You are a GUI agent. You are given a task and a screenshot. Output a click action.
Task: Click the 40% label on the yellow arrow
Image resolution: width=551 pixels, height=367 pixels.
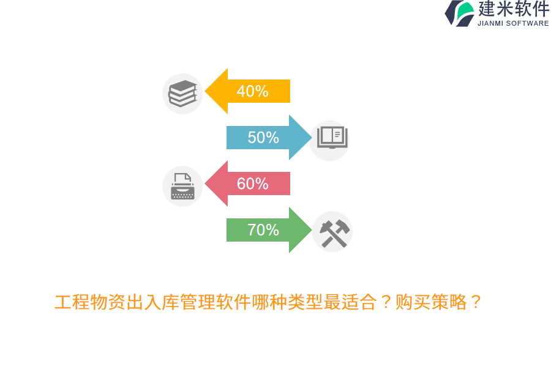click(252, 91)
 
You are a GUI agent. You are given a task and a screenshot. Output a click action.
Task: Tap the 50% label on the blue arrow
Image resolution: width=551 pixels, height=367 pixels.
click(263, 138)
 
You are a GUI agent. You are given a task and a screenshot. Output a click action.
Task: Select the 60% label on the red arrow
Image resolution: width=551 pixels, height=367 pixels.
click(252, 183)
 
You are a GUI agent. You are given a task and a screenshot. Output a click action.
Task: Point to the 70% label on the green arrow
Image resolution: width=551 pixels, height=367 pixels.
click(263, 230)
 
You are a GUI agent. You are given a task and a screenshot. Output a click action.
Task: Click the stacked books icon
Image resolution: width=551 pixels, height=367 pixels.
click(182, 94)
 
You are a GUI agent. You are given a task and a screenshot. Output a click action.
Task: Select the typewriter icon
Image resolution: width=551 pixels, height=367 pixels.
click(182, 186)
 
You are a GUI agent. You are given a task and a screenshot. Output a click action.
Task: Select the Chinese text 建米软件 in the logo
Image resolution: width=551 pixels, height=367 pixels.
click(514, 9)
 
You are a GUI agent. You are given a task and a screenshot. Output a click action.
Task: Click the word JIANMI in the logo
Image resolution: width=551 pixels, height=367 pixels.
click(490, 23)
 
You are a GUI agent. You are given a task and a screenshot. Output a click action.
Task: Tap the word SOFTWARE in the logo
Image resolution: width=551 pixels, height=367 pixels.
click(528, 23)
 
